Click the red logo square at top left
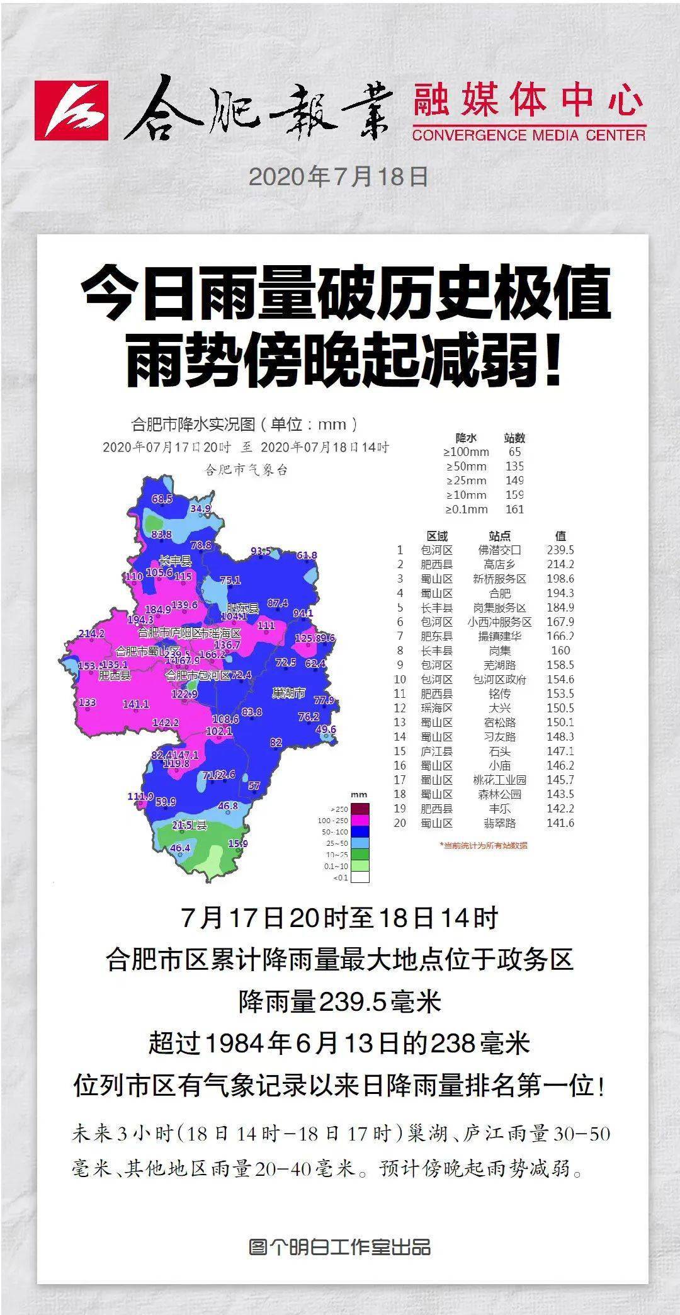coord(71,110)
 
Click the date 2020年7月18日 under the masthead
coord(339,177)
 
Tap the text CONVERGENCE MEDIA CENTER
coord(529,135)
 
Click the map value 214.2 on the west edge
coord(91,634)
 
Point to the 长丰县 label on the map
coord(174,561)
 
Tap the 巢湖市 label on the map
coord(288,693)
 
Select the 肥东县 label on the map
coord(243,608)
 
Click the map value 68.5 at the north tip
coord(162,499)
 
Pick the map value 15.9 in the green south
coord(238,843)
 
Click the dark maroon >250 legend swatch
coord(360,809)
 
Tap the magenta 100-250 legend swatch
coord(360,820)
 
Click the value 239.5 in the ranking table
coord(560,550)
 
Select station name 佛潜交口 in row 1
coord(500,550)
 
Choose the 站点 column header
coord(500,536)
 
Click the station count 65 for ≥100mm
coord(514,452)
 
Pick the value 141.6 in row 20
coord(560,823)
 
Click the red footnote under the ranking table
coord(484,845)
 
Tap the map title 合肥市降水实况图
coord(244,424)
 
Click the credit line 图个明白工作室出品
coord(340,1247)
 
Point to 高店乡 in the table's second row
coord(500,564)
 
